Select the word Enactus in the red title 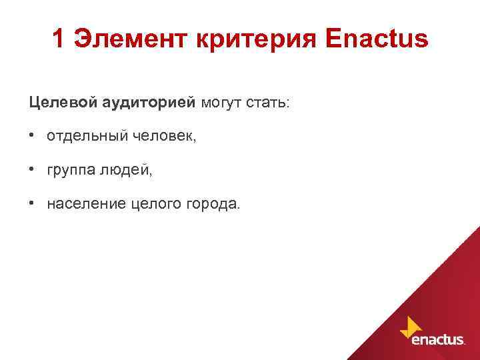[377, 40]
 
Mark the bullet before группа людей [32, 170]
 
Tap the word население [85, 203]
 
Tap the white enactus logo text [438, 339]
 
